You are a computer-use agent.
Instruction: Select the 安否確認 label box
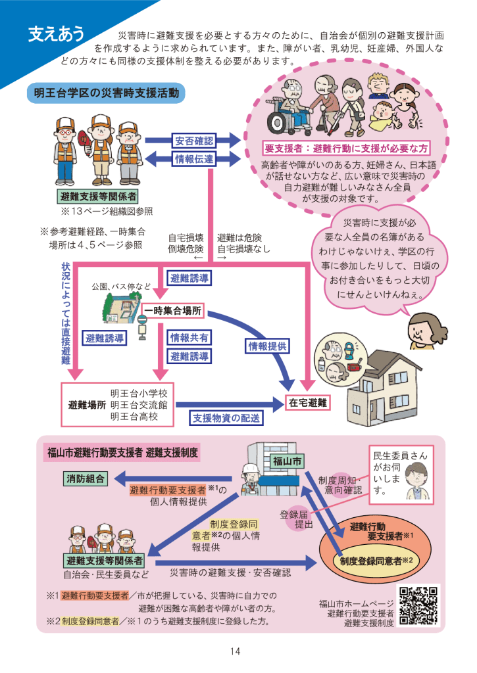coord(194,140)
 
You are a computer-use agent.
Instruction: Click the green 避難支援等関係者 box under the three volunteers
coord(99,197)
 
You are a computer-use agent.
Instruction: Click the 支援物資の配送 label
coord(226,417)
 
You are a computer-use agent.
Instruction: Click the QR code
coord(418,605)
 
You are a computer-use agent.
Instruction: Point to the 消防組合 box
coord(86,478)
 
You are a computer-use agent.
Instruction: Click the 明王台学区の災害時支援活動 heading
coord(106,94)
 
